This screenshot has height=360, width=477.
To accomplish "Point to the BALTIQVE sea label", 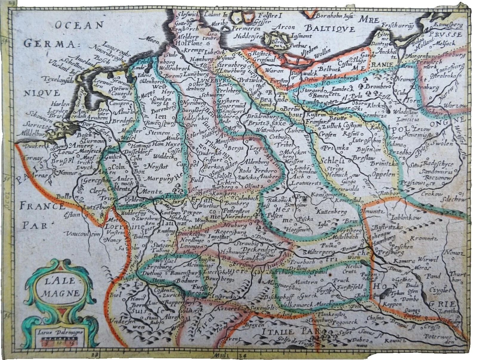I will [x=336, y=30].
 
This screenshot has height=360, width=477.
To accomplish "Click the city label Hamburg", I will [x=200, y=59].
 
